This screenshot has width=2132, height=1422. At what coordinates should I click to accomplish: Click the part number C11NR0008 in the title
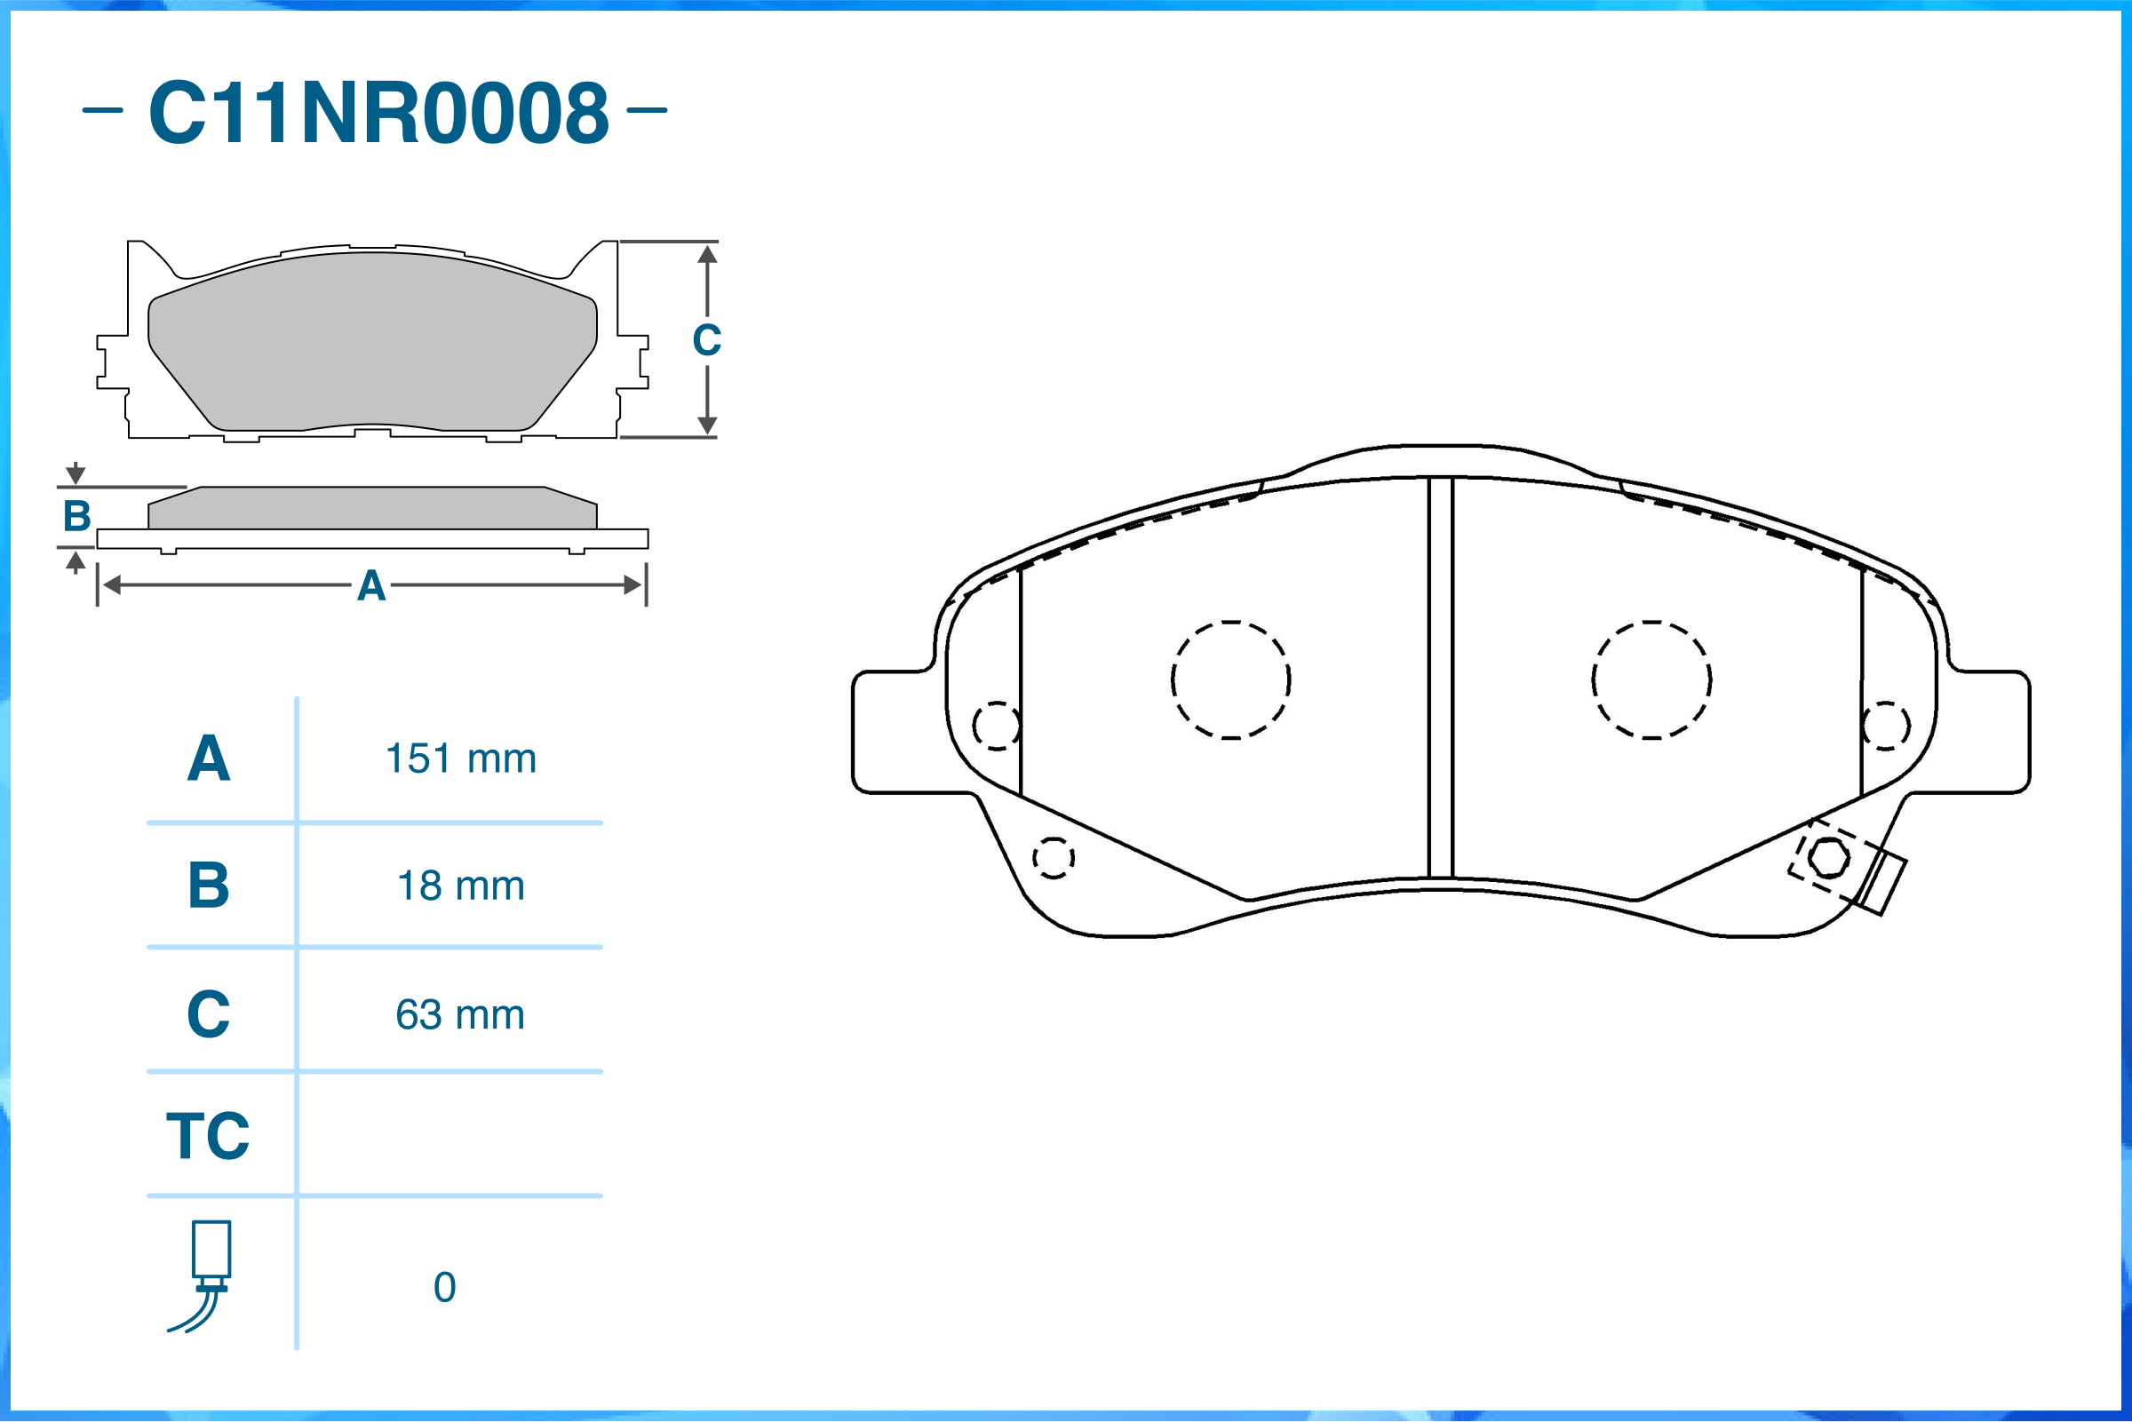coord(378,113)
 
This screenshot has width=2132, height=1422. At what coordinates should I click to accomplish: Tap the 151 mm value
coord(461,759)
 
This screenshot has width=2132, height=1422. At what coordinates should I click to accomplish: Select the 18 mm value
coord(461,886)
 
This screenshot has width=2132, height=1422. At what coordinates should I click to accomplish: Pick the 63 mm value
coord(460,1015)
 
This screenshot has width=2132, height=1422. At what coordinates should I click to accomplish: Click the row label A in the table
coord(209,759)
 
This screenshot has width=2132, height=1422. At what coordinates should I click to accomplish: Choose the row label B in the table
coord(209,886)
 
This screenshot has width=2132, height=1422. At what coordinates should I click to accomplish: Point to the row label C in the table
coord(209,1014)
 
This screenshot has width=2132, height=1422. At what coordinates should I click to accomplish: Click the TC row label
coord(208,1136)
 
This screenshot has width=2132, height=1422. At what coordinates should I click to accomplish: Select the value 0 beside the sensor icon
coord(444,1288)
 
